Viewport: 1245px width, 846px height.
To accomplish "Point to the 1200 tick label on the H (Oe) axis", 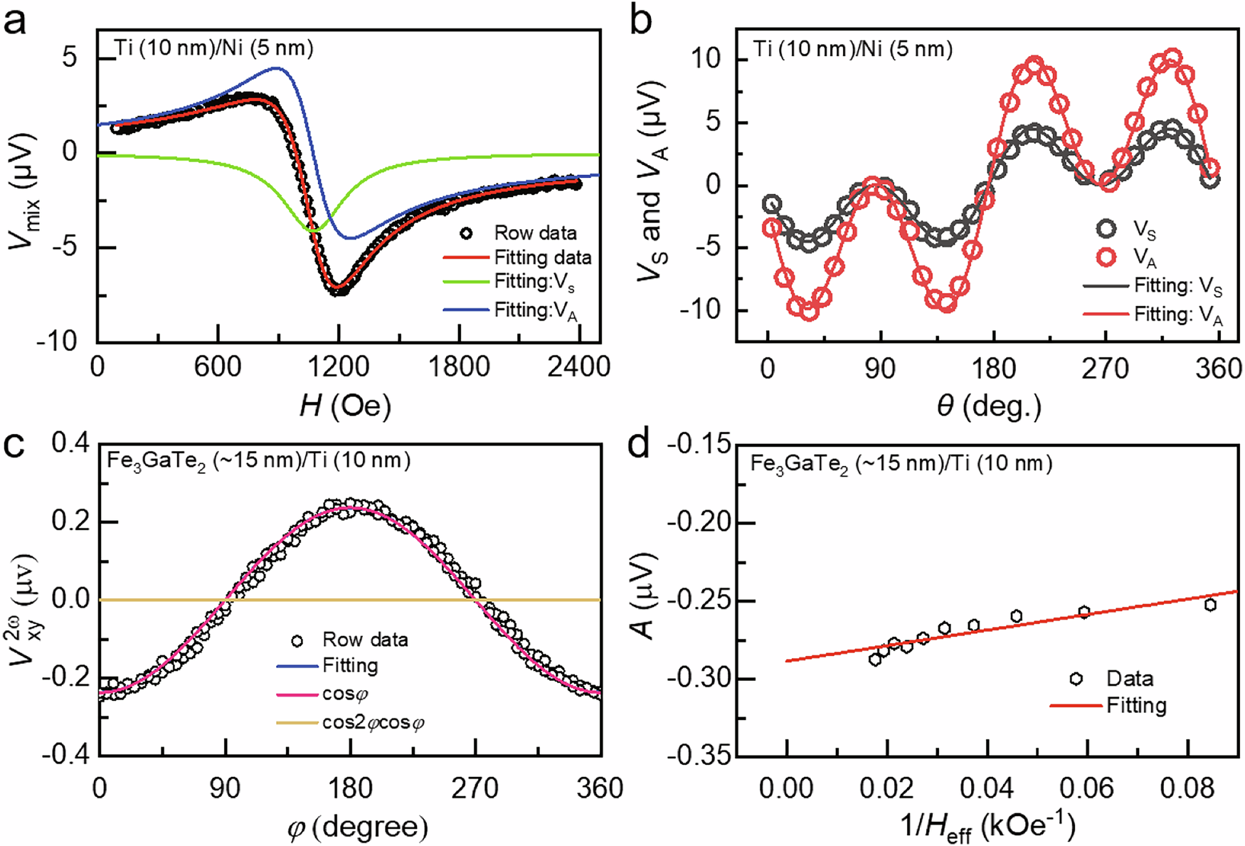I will pos(339,366).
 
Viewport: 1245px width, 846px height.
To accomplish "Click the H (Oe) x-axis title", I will pos(345,406).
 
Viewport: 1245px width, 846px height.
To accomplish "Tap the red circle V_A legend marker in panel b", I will pos(1106,256).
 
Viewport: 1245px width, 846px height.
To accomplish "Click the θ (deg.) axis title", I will pos(988,406).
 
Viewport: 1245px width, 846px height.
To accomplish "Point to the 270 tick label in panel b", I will pos(1106,368).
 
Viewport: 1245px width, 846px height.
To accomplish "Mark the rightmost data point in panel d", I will pos(1209,605).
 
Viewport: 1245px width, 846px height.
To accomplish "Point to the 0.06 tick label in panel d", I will pos(1086,788).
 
